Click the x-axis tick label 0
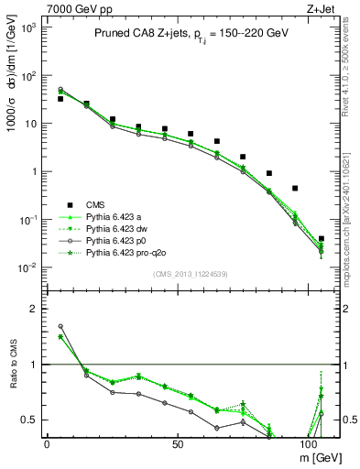pos(47,442)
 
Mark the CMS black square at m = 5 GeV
pos(60,98)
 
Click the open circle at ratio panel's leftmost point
pos(60,326)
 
